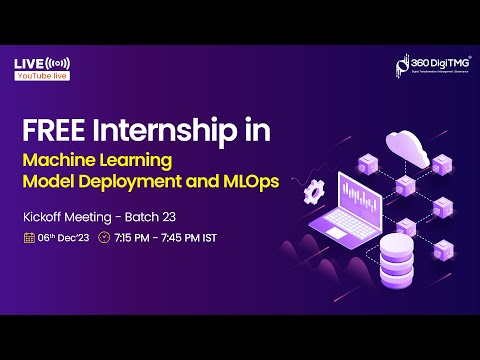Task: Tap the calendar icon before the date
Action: click(29, 239)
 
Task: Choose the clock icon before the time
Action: click(105, 239)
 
